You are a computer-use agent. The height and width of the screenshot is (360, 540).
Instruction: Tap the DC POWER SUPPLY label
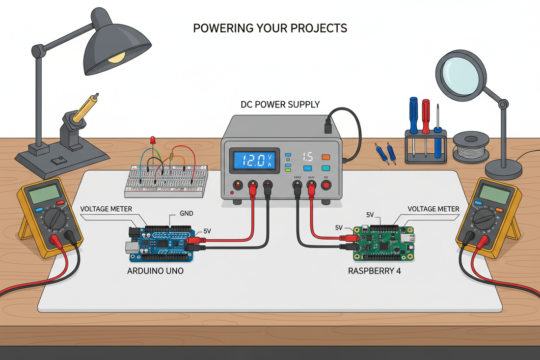click(280, 104)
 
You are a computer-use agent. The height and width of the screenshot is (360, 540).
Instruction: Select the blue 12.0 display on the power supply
click(254, 160)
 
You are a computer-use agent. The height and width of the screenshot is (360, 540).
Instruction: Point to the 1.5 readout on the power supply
click(307, 157)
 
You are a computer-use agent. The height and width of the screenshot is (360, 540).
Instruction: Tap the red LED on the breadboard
click(153, 140)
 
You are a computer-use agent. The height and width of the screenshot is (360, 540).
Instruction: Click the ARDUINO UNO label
click(157, 270)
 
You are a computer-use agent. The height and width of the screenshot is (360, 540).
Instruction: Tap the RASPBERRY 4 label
click(374, 270)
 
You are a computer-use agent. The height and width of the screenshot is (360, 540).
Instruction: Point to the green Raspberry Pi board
click(384, 244)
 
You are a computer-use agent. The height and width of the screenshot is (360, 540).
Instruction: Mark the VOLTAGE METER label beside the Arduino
click(106, 209)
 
